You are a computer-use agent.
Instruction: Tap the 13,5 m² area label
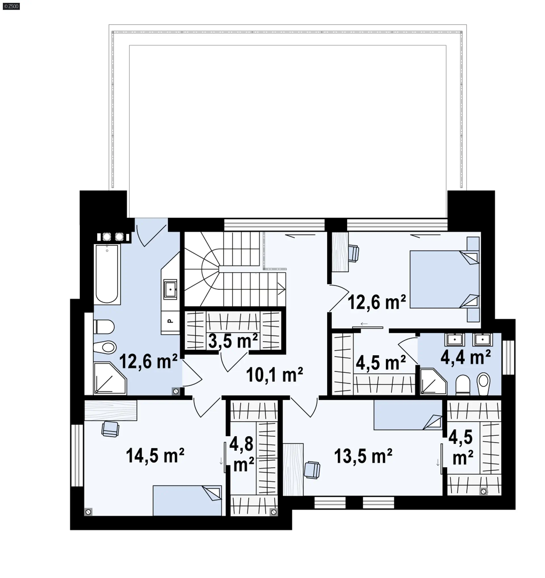click(x=363, y=456)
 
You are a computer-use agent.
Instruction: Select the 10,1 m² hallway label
click(x=274, y=374)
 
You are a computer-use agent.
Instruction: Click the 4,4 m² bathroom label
click(x=466, y=357)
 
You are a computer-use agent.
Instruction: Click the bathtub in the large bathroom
click(x=107, y=274)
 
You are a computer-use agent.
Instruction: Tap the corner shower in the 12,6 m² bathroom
click(x=110, y=378)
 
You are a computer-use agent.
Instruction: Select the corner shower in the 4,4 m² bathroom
click(x=433, y=382)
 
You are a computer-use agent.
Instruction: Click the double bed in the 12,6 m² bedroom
click(x=445, y=279)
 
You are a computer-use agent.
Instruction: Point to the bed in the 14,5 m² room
click(x=187, y=500)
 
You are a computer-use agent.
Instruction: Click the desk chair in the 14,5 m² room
click(x=110, y=429)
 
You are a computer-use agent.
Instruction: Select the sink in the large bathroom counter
click(x=170, y=289)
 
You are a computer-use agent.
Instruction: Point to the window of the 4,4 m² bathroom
click(x=508, y=357)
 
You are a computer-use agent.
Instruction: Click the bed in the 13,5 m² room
click(x=408, y=415)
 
